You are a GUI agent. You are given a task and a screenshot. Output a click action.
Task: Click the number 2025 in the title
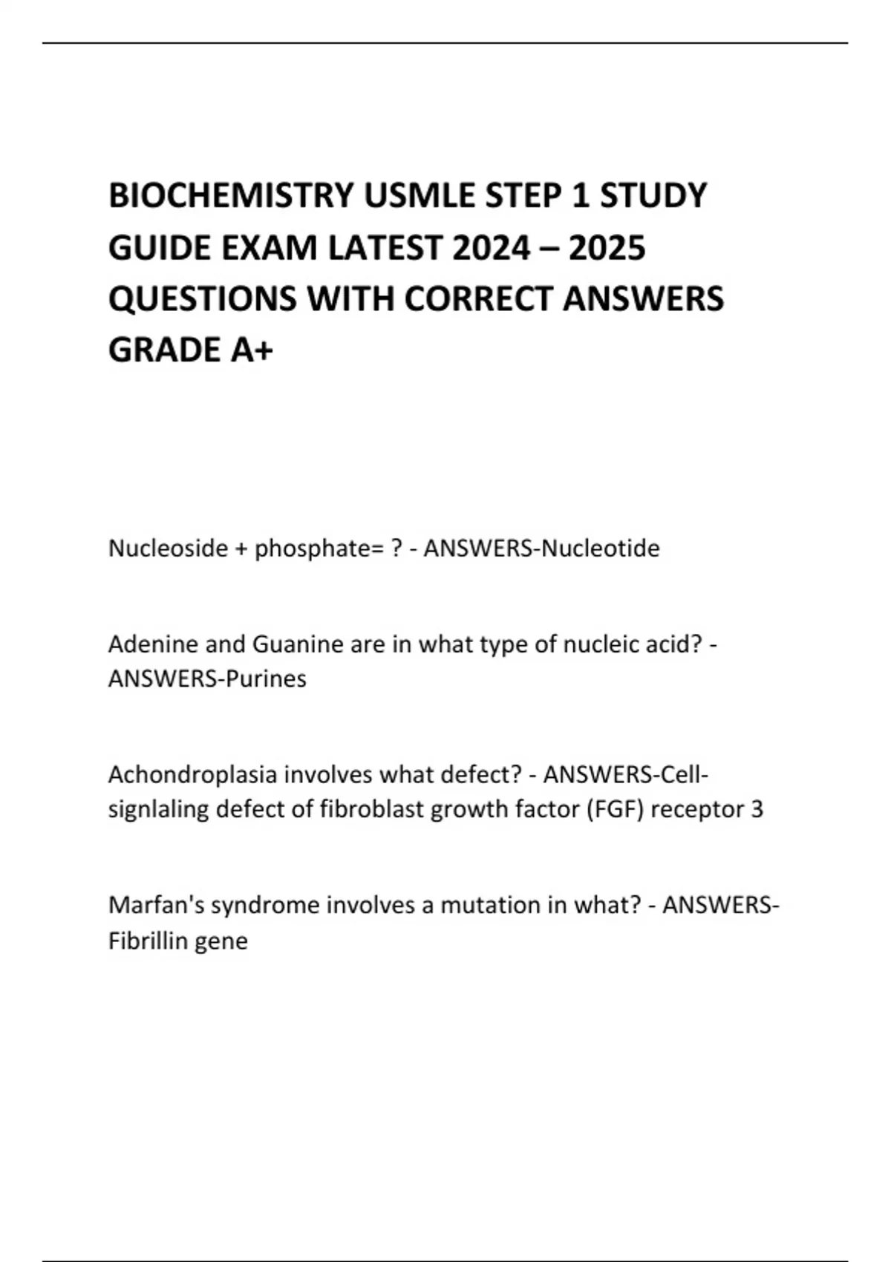point(607,248)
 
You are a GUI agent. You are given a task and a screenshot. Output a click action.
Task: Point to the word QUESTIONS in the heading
point(203,299)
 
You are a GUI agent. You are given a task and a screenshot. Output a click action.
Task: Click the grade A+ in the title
point(252,350)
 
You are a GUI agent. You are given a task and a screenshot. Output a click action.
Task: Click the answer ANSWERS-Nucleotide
point(541,549)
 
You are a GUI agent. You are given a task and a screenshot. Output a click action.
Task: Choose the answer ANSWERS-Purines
point(207,679)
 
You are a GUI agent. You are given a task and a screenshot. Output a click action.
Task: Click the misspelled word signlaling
point(158,809)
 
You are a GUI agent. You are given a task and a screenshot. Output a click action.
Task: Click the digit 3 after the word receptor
point(757,809)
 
